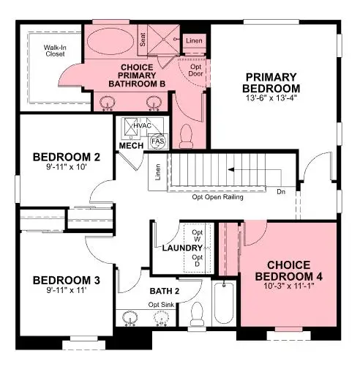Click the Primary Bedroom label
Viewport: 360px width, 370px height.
271,84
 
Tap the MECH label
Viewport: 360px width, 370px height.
131,146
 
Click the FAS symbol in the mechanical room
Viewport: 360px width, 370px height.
157,141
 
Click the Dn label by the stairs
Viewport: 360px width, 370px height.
281,193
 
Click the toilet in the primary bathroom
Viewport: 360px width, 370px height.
185,133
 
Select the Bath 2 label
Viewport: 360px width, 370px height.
165,292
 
